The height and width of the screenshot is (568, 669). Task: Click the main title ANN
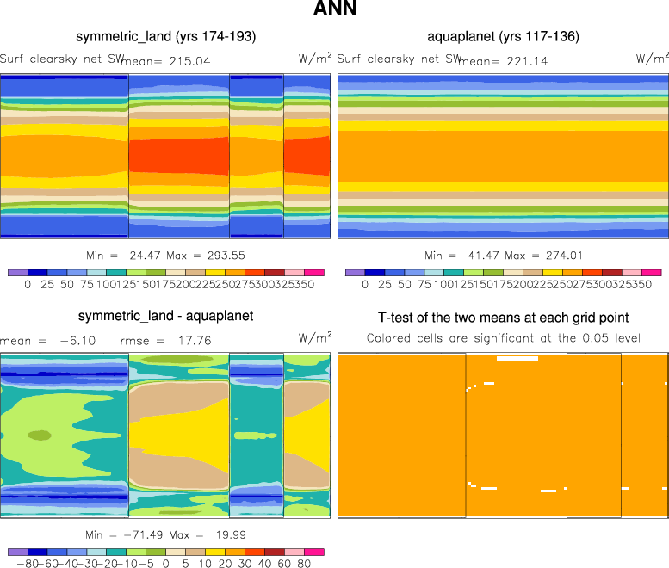[x=335, y=9]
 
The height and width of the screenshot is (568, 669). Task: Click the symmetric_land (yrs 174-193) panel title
[x=165, y=37]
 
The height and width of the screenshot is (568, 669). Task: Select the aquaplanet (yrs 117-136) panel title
[x=503, y=37]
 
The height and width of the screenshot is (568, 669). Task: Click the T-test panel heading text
[x=503, y=318]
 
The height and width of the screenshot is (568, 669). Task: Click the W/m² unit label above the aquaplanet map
[x=652, y=59]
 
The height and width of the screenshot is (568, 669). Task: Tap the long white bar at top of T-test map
[x=517, y=358]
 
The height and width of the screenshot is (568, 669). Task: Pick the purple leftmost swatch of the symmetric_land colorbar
[x=17, y=272]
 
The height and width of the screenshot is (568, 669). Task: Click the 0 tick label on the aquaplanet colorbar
[x=365, y=283]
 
